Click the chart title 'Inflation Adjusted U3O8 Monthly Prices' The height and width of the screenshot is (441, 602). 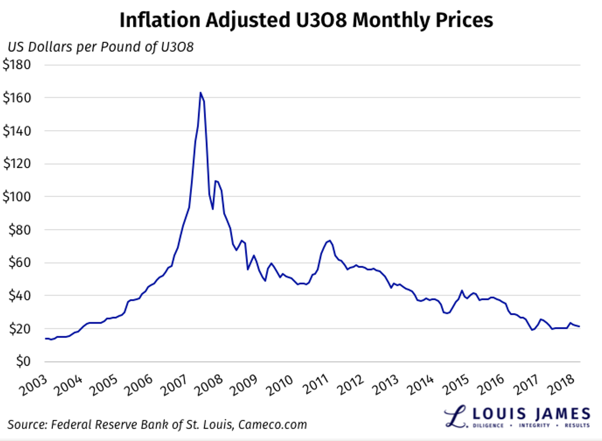click(x=306, y=20)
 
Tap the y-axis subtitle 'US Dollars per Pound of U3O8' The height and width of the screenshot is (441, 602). click(x=100, y=47)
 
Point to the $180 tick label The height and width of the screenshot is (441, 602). click(x=17, y=65)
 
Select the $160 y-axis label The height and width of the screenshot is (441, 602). click(x=17, y=98)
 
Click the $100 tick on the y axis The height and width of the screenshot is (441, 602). click(x=17, y=197)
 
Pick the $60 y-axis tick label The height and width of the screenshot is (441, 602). click(x=19, y=263)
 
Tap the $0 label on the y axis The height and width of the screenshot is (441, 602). click(x=23, y=361)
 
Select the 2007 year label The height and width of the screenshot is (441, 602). click(x=174, y=385)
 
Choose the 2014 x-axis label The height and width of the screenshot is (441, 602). click(x=421, y=385)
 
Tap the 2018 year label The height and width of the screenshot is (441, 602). click(x=561, y=385)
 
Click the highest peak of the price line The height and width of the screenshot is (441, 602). click(x=201, y=93)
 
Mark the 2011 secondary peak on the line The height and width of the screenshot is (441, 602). click(x=330, y=241)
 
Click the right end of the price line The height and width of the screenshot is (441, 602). click(x=579, y=326)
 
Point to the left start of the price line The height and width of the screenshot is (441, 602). click(x=45, y=338)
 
